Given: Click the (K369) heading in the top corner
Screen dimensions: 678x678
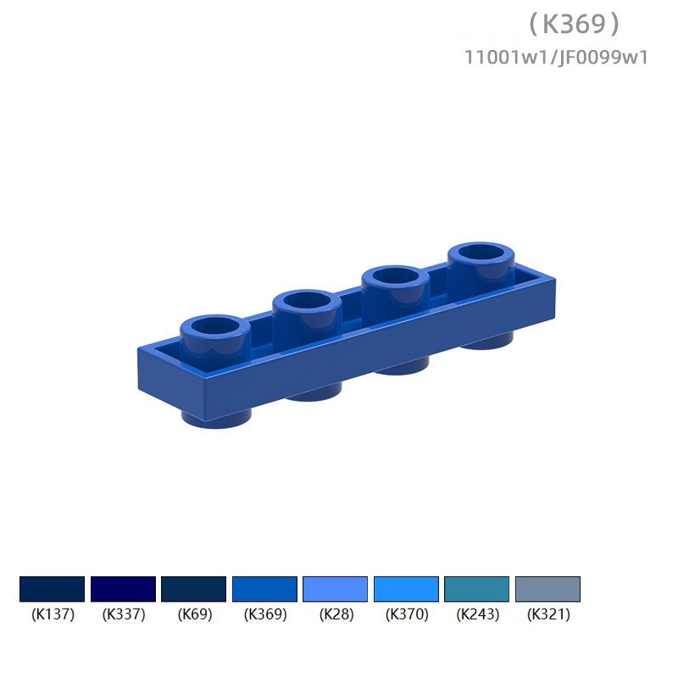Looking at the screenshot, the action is click(575, 24).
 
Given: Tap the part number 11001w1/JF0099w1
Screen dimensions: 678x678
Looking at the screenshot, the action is click(556, 58).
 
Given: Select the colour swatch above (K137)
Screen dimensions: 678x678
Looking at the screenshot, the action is click(53, 589).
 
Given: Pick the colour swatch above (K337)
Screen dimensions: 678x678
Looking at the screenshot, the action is click(123, 589).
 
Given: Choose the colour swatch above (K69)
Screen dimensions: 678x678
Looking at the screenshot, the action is click(194, 589).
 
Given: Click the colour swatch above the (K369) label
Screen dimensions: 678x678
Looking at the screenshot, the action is click(264, 589).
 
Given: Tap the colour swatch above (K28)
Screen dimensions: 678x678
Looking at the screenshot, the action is click(335, 589).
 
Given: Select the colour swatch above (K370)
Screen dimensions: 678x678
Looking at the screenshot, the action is click(406, 589).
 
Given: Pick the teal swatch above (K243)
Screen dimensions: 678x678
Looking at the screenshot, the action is click(477, 589).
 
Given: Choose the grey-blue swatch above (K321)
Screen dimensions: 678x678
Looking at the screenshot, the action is click(547, 589).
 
